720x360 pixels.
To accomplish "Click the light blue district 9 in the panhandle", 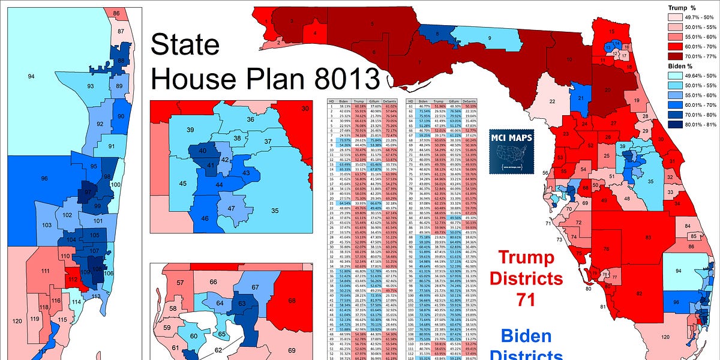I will point(490,38).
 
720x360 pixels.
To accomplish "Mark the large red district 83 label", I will point(648,238).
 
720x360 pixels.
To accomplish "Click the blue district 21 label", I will point(580,98).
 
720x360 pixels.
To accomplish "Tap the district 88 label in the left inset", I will point(121,61).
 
